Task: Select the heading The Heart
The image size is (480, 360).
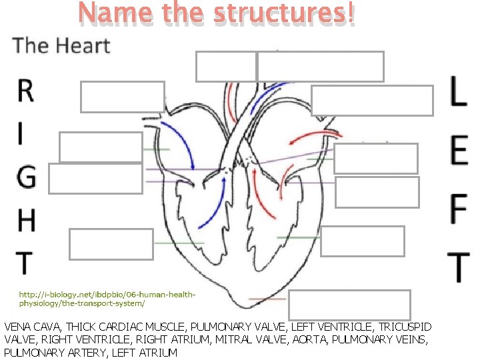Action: click(x=61, y=45)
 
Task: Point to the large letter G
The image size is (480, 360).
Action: click(x=25, y=177)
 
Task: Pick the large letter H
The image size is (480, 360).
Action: click(x=25, y=221)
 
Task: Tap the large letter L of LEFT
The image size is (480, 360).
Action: click(x=457, y=91)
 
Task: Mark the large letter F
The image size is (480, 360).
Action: click(x=458, y=208)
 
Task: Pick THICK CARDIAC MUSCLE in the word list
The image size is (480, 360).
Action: click(x=122, y=327)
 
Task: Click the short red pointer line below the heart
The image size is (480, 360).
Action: click(x=267, y=298)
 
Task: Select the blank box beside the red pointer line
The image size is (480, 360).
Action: click(x=349, y=305)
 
